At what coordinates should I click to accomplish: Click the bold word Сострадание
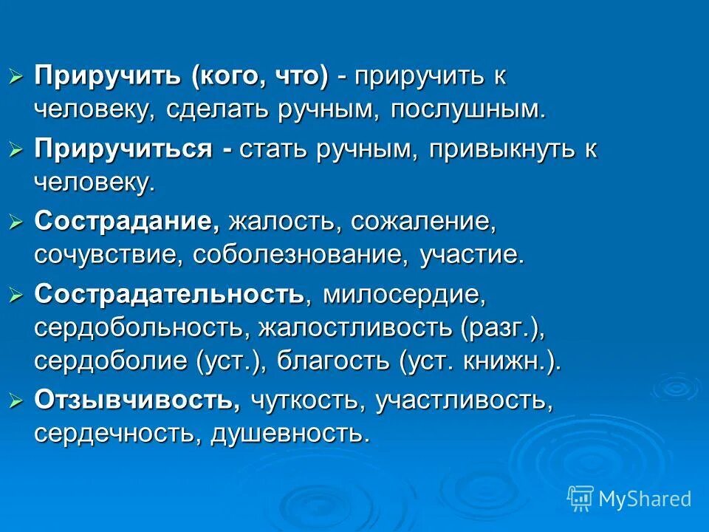[127, 221]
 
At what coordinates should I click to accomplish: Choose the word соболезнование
[300, 256]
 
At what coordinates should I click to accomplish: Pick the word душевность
[290, 434]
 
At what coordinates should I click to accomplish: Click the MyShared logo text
[645, 499]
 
